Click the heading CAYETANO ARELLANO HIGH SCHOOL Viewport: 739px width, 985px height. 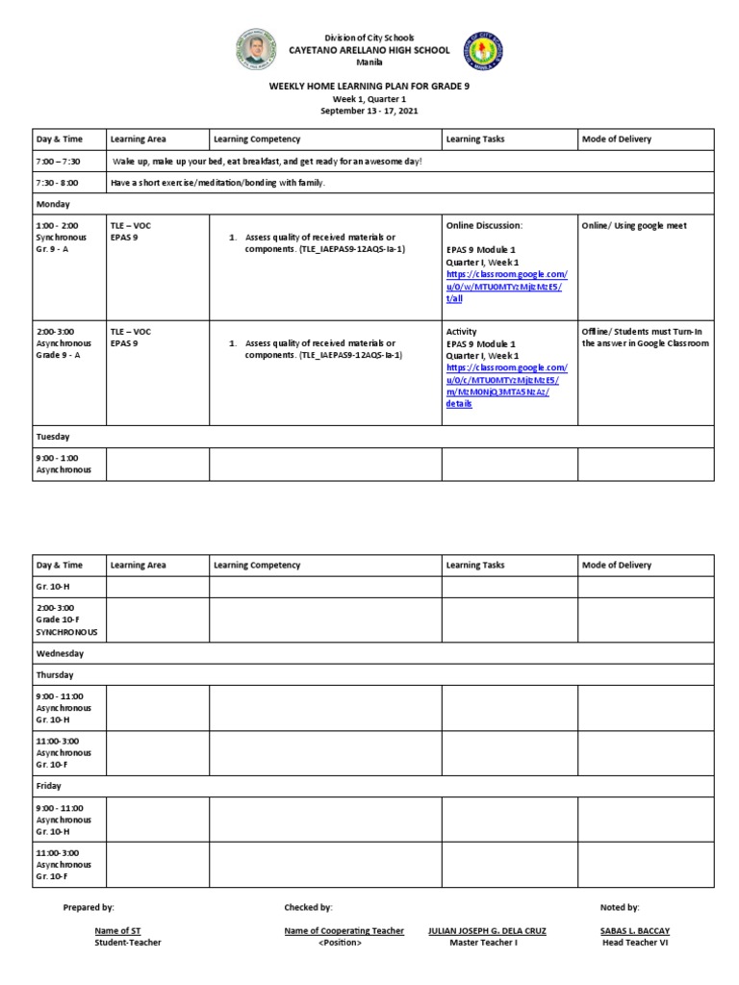369,50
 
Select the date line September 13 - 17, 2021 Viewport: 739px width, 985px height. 369,111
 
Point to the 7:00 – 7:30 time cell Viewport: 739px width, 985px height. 58,162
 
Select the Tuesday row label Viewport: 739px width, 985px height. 53,437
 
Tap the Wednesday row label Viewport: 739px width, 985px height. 60,653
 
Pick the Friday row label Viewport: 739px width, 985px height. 48,786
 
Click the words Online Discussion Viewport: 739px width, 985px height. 483,226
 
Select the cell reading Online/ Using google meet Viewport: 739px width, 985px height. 633,226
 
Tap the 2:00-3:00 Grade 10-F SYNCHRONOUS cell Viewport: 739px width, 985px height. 68,621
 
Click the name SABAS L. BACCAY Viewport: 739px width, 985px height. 632,931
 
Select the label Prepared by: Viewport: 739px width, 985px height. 89,907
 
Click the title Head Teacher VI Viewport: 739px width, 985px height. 632,943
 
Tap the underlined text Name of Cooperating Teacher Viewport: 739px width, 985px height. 344,931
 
